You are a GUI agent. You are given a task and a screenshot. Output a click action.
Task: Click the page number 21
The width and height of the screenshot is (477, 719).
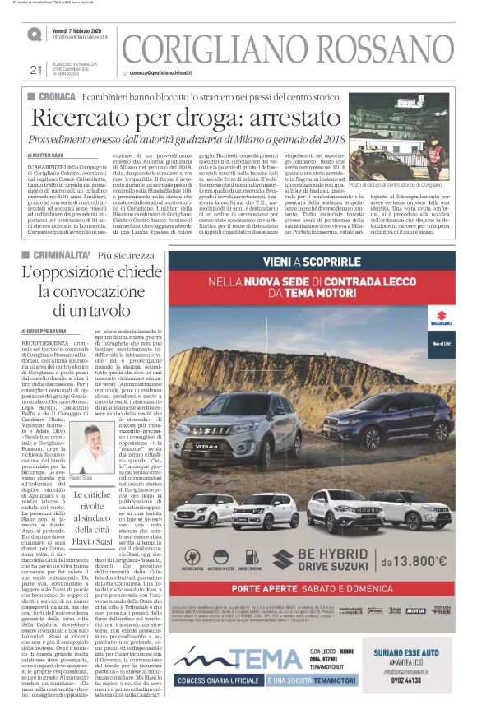(35, 69)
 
